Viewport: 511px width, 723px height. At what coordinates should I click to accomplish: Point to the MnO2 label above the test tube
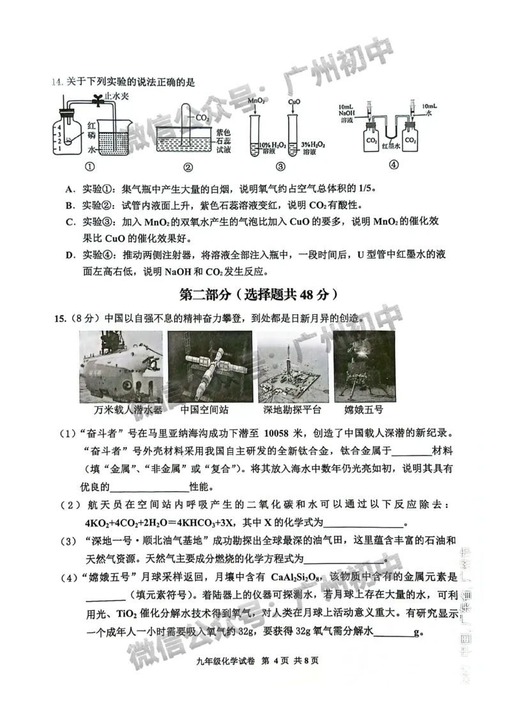pos(256,102)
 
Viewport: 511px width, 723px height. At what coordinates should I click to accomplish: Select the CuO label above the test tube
pos(294,102)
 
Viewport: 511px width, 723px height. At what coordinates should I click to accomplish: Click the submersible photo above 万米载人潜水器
pos(120,367)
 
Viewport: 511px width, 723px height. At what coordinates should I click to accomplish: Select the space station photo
pos(210,367)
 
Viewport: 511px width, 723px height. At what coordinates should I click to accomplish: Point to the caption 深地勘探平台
pos(292,409)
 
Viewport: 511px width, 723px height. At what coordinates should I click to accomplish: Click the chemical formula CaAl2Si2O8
pos(296,578)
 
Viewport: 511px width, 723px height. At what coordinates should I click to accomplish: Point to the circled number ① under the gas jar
pos(89,167)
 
